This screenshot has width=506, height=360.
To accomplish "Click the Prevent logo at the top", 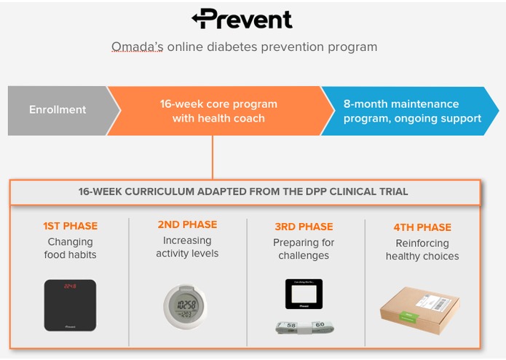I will point(242,19).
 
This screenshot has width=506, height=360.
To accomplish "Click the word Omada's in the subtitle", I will point(133,47).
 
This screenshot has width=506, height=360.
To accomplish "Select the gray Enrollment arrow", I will point(58,110).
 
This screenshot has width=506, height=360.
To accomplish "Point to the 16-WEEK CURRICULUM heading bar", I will point(243,192).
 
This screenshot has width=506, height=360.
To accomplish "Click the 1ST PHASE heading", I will point(70,226).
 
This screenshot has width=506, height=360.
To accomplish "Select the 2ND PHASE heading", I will point(187,224).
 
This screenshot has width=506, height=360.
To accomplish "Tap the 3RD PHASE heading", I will point(304,227).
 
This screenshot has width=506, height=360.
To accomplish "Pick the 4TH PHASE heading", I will point(422,227).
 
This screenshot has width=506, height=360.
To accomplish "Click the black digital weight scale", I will point(70,305).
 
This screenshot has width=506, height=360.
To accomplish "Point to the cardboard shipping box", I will point(419,306).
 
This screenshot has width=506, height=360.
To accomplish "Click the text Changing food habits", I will point(70,248).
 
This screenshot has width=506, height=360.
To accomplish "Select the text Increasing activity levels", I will point(187,247).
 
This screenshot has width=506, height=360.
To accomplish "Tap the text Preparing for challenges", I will point(304,249).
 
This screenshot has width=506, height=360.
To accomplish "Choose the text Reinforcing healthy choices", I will point(422,249).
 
